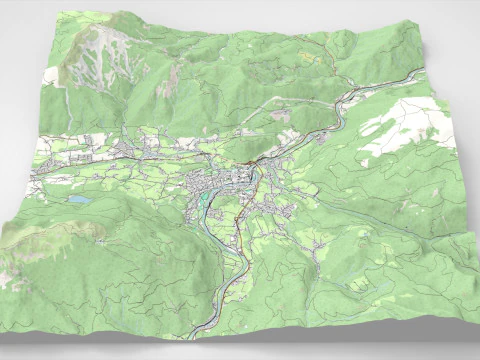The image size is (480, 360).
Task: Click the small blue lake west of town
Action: pos(78,200)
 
